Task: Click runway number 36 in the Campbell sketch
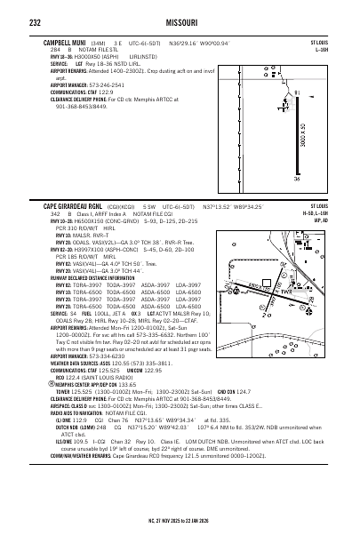pyautogui.click(x=322, y=180)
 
